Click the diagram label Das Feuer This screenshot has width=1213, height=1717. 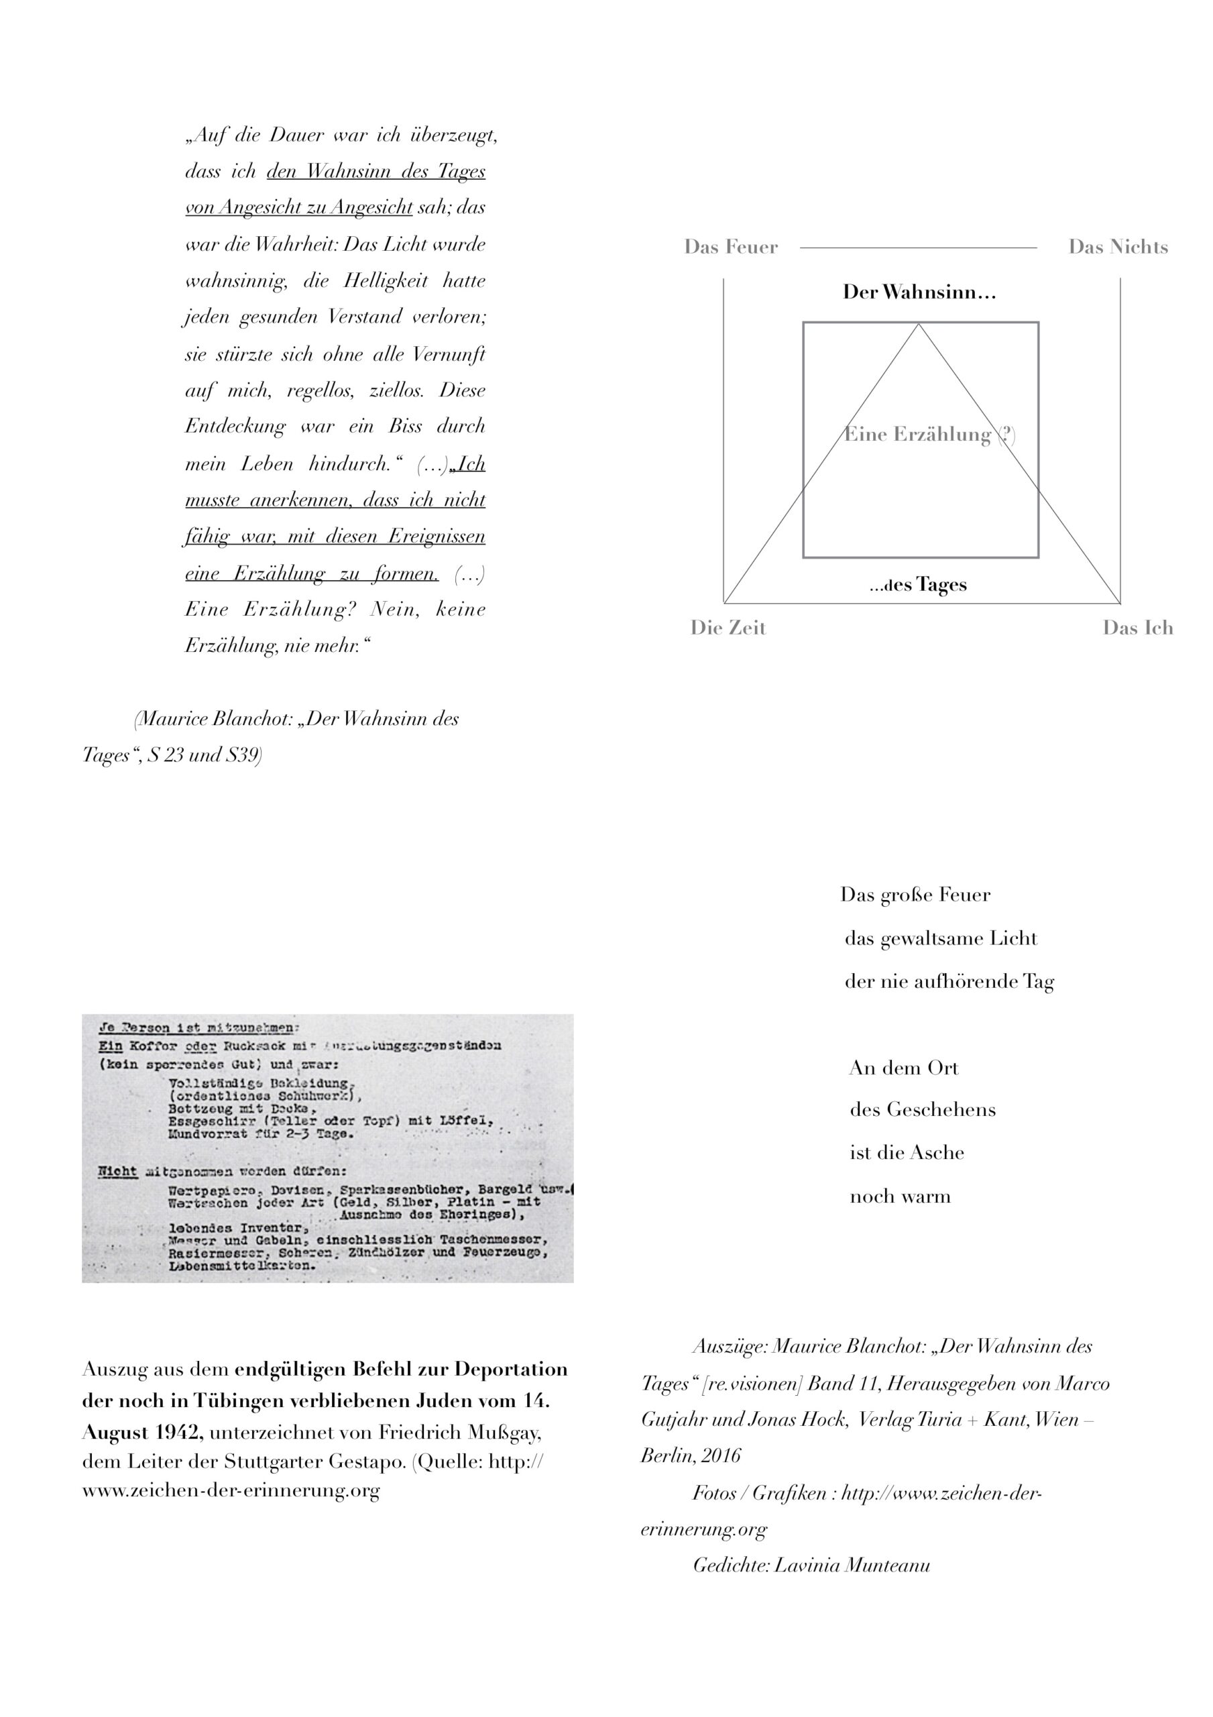(x=731, y=247)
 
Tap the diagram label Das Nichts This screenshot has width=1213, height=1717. (x=1118, y=247)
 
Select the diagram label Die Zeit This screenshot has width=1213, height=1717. (x=728, y=628)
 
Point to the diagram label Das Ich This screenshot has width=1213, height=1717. (x=1137, y=628)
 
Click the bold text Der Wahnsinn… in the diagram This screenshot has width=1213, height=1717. (x=919, y=292)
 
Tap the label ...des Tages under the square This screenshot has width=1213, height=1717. (x=919, y=585)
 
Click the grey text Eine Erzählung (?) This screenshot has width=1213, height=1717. (x=929, y=435)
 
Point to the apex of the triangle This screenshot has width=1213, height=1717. (x=919, y=324)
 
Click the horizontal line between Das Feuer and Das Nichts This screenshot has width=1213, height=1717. (x=919, y=247)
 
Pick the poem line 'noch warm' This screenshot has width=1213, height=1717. (x=901, y=1197)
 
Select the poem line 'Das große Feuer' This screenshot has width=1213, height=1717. (x=915, y=895)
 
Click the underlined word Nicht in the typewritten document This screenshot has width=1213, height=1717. (x=117, y=1172)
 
